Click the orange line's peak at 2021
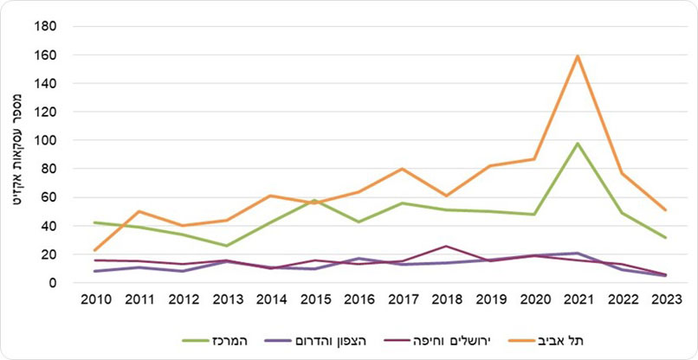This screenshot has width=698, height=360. coord(577,56)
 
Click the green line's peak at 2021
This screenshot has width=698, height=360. coord(577,144)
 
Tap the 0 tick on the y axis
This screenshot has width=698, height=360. coord(52,283)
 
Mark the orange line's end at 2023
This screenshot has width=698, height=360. coord(665,209)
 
